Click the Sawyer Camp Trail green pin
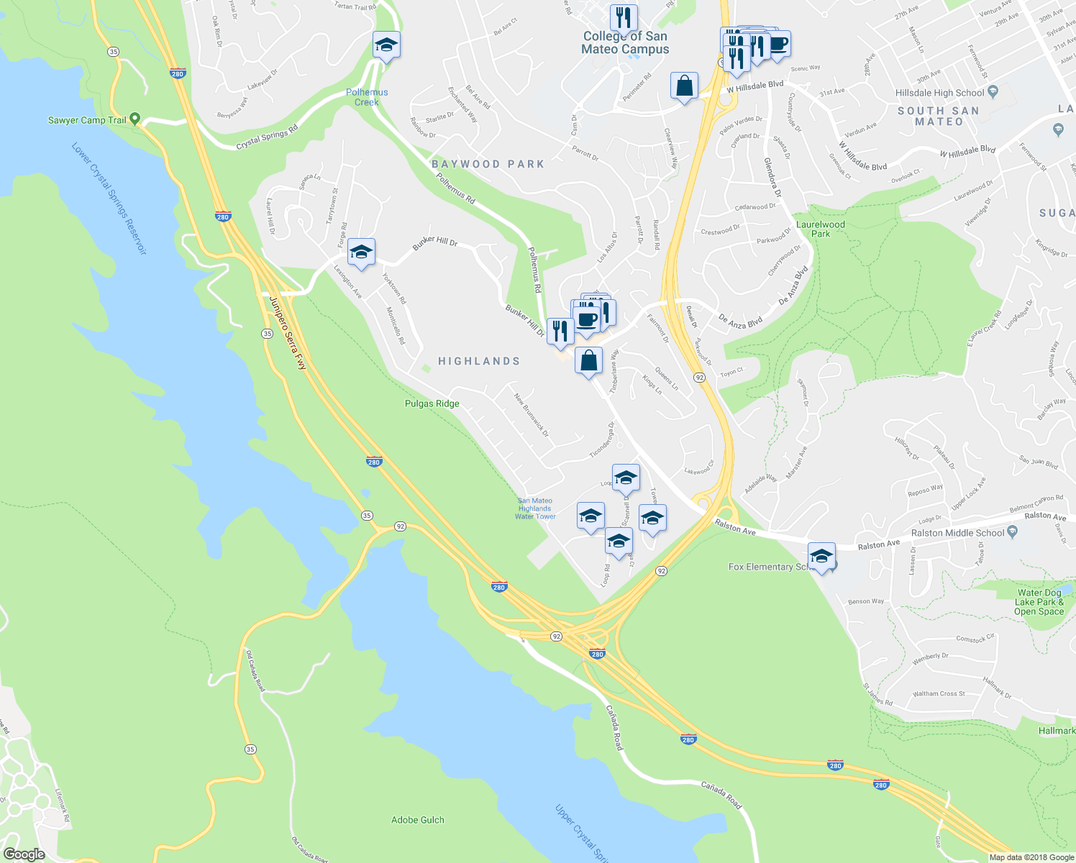(x=134, y=120)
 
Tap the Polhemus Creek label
(x=367, y=97)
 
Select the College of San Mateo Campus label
(x=625, y=42)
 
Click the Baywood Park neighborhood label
(x=488, y=164)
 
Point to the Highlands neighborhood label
(x=479, y=361)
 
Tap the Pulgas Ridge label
(x=432, y=403)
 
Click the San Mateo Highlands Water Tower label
(x=535, y=508)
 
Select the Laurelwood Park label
(x=821, y=229)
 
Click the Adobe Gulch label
(x=418, y=820)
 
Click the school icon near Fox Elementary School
(x=821, y=557)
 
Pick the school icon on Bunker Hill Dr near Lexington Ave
(x=361, y=252)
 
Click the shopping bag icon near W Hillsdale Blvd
(x=685, y=86)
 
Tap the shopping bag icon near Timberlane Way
(x=589, y=360)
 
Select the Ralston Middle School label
(x=957, y=533)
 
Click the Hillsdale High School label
(x=939, y=93)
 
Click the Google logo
(x=24, y=854)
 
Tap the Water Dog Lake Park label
(x=1039, y=603)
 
